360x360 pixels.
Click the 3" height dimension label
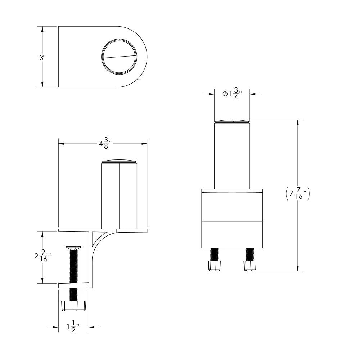[42, 58]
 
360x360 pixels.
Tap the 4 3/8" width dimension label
[105, 143]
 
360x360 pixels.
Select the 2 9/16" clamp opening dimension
[43, 256]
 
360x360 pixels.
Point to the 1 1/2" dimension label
[73, 327]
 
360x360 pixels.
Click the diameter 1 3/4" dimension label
[232, 94]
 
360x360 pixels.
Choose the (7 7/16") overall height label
[298, 194]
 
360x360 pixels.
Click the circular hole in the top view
[119, 57]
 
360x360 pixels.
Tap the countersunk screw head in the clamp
[73, 248]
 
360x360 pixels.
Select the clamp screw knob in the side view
[74, 306]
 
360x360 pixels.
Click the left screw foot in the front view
[214, 266]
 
